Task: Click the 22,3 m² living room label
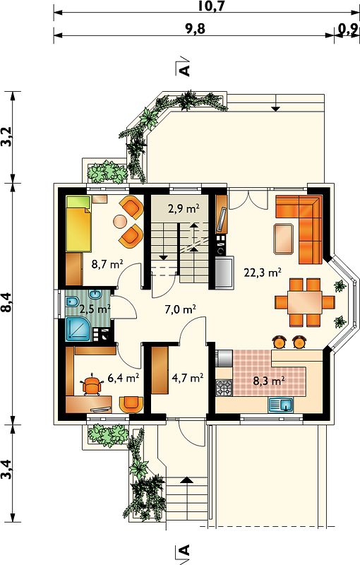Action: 263,273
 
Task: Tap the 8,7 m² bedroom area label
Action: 107,264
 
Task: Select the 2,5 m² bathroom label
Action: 95,309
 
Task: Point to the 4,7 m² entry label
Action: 188,378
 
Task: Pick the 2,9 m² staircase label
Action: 184,208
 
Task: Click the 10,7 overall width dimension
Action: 211,6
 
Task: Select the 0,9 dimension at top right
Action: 349,29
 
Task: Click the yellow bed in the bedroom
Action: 78,223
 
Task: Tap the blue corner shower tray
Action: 78,329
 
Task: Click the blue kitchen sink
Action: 281,405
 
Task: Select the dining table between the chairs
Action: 304,302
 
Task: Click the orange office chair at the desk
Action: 92,385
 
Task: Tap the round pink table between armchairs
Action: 120,221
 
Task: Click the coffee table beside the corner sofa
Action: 284,239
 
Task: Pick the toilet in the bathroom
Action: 71,302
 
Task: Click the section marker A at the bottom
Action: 184,551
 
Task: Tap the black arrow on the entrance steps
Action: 186,480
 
